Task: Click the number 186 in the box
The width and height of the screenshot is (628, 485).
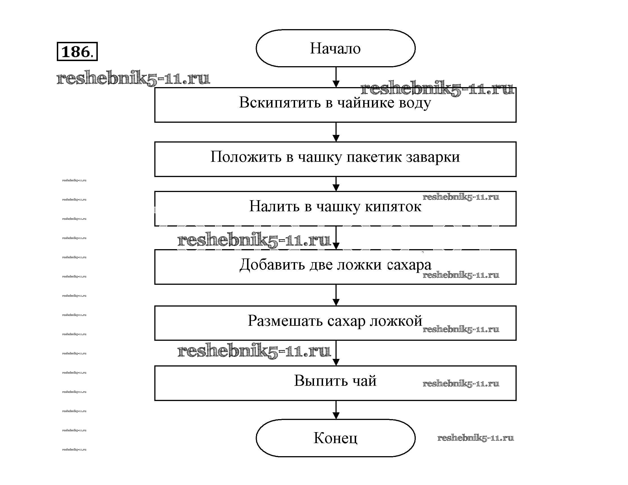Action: tap(76, 52)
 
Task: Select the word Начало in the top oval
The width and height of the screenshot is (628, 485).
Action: tap(335, 48)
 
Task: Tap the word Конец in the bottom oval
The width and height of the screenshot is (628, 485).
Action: tap(335, 438)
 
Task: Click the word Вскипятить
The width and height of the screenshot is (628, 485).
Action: tap(280, 102)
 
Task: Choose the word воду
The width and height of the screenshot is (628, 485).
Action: tap(415, 103)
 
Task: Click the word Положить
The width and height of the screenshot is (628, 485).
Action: tap(246, 157)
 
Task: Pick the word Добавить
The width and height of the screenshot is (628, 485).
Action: tap(272, 265)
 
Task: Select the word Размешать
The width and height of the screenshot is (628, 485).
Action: tap(285, 321)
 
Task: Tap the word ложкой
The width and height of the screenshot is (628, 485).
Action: tap(396, 321)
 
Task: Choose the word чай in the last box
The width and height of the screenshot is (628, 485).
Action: tap(364, 381)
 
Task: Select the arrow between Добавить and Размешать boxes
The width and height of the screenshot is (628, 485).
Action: tap(336, 295)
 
